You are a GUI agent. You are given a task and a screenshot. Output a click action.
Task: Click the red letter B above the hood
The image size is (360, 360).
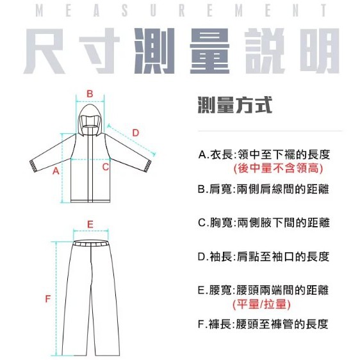click(x=90, y=94)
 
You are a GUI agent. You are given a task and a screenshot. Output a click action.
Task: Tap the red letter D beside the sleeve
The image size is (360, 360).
click(x=136, y=133)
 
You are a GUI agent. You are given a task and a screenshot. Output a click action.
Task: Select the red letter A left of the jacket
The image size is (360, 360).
click(x=56, y=171)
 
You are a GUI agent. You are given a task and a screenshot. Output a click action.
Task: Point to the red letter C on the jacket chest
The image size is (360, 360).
click(x=106, y=167)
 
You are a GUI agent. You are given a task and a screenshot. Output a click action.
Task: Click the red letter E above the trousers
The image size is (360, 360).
click(x=90, y=224)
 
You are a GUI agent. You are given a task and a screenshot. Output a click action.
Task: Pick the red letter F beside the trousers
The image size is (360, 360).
click(x=48, y=299)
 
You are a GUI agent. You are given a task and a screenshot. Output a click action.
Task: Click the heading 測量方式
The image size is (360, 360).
click(x=235, y=105)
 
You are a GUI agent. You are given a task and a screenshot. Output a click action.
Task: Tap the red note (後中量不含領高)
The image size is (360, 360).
click(x=278, y=168)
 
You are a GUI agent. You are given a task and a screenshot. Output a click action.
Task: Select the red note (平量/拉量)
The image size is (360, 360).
click(x=261, y=304)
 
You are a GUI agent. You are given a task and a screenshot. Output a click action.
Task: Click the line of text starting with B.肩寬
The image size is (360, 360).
click(x=263, y=189)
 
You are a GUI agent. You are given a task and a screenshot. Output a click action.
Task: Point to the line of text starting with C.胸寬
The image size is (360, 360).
click(x=264, y=223)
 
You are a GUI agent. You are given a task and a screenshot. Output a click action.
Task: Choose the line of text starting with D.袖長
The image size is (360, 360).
click(x=263, y=256)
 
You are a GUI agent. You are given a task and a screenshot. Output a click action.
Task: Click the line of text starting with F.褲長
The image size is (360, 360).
click(x=263, y=324)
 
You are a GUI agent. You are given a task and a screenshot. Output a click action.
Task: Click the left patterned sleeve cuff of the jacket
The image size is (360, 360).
click(x=33, y=166)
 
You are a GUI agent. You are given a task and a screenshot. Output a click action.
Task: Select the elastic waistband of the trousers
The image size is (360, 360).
click(x=91, y=243)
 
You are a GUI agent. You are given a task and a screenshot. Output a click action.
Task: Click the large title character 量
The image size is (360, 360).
click(x=209, y=51)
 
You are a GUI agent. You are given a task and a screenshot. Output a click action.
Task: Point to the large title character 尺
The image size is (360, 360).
click(x=44, y=51)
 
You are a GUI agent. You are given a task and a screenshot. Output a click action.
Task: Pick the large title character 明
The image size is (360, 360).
click(x=320, y=51)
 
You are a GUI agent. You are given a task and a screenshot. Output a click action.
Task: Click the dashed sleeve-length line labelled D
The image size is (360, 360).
click(x=131, y=140)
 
